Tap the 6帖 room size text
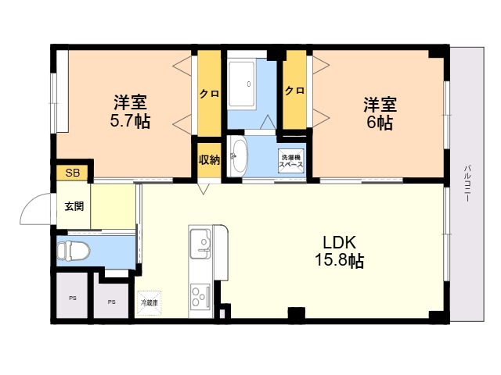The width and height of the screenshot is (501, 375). point(379,123)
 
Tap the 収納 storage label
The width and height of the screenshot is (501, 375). point(208,159)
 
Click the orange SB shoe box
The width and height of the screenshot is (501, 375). point(72,173)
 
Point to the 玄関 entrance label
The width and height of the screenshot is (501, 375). point(74,207)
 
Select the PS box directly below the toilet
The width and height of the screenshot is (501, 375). point(72,298)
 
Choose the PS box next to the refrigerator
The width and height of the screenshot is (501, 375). point(112,301)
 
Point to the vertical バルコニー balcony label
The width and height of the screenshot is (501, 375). point(467,184)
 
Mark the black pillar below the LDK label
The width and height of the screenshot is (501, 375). point(295,315)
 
